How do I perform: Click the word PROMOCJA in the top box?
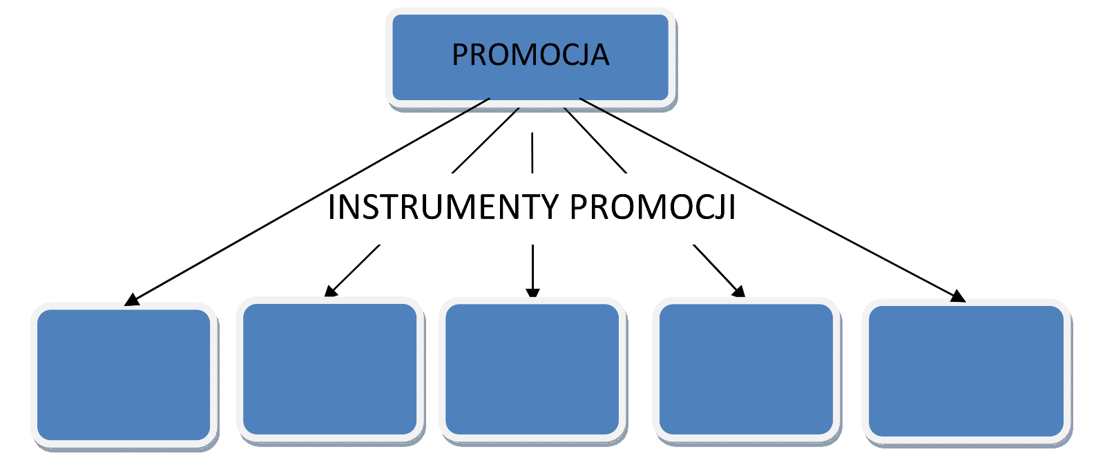[530, 55]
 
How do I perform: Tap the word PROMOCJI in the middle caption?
[653, 207]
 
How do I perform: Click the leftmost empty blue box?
[124, 374]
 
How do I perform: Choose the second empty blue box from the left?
[330, 369]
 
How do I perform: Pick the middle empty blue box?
[532, 369]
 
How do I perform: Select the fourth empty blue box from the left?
[746, 369]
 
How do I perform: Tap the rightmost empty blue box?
[965, 371]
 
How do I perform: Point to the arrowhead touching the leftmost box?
[131, 299]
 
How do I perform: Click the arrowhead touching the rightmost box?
[959, 296]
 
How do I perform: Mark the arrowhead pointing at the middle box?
[532, 292]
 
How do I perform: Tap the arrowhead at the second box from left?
[331, 291]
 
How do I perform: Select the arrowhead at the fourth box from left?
[739, 291]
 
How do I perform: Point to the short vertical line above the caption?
[532, 152]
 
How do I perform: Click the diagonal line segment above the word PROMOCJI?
[595, 140]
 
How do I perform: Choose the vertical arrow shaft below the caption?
[532, 266]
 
